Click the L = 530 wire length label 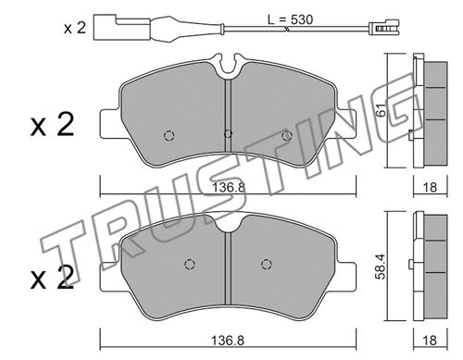pos(290,19)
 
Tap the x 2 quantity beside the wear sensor pos(75,28)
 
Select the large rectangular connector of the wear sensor pos(121,27)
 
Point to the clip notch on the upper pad pos(229,63)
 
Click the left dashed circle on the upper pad pos(169,135)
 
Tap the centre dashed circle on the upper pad pos(228,134)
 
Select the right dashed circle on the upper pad pos(287,135)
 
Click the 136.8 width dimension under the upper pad pos(228,187)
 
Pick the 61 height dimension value pos(382,110)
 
